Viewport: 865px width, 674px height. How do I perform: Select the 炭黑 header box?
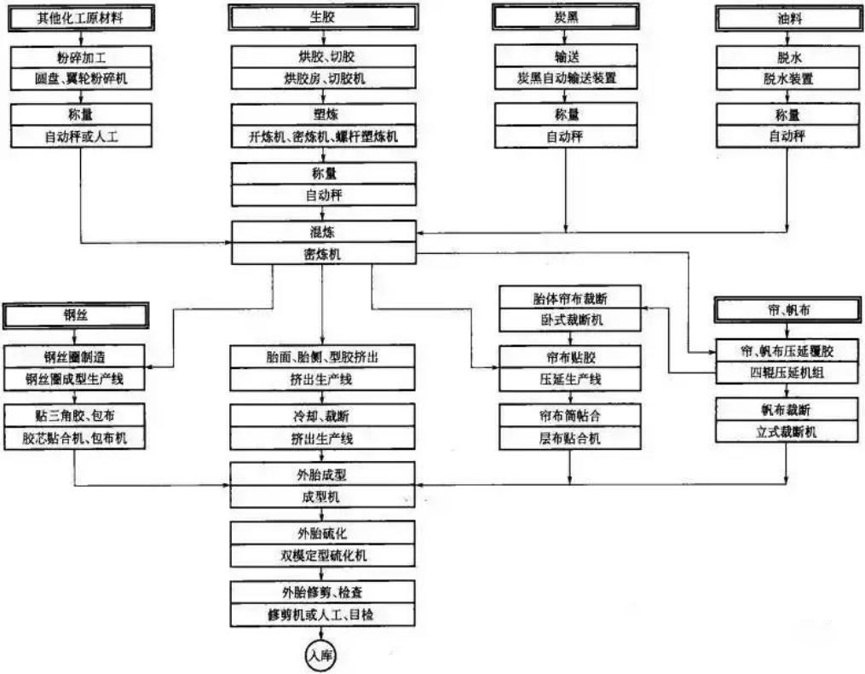566,17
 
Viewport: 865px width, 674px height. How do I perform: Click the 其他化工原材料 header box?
82,17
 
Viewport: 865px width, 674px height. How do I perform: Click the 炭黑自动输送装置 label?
566,79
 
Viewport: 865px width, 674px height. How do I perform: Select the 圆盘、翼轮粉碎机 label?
82,79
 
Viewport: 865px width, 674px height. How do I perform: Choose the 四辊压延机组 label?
787,372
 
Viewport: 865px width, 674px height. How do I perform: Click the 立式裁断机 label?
787,432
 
